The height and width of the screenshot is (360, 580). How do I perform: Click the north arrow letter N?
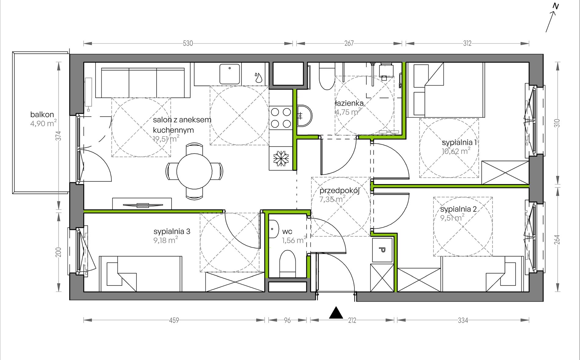pyautogui.click(x=556, y=6)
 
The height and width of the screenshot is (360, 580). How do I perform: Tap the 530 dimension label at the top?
pyautogui.click(x=188, y=43)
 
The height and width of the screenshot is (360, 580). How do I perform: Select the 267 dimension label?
pyautogui.click(x=349, y=43)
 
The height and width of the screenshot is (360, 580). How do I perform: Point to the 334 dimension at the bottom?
pyautogui.click(x=463, y=320)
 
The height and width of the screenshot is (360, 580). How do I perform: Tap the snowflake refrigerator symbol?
pyautogui.click(x=281, y=158)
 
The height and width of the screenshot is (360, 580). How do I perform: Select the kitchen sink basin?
pyautogui.click(x=230, y=74)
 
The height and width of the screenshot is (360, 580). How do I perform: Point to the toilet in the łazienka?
pyautogui.click(x=327, y=76)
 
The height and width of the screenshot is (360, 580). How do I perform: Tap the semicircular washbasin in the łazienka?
pyautogui.click(x=304, y=116)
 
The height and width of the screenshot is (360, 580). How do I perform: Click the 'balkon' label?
pyautogui.click(x=42, y=115)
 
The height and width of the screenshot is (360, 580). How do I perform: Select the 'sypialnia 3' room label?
pyautogui.click(x=172, y=231)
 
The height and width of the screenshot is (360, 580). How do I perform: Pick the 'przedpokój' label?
pyautogui.click(x=340, y=191)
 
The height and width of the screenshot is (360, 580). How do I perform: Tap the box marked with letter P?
pyautogui.click(x=382, y=250)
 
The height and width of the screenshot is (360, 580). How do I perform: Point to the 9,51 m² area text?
pyautogui.click(x=452, y=218)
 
